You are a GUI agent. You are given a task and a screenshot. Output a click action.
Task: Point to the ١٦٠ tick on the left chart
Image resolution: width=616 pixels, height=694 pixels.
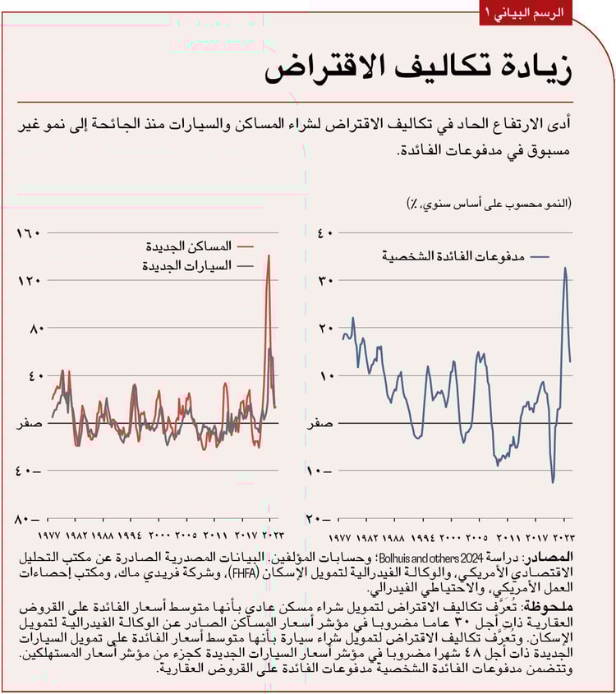click(28, 233)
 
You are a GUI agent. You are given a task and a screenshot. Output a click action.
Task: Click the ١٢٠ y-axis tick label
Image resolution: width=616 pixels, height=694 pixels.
click(28, 281)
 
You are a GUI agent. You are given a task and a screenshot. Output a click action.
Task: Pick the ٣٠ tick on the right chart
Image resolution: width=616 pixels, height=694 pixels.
click(325, 281)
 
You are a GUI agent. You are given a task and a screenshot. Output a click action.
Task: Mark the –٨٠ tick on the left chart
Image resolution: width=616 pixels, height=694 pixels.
click(27, 518)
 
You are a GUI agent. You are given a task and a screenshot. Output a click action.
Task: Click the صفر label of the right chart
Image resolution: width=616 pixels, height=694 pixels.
click(321, 424)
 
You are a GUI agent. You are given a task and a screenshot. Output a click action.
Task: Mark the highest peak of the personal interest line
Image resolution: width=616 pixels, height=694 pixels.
click(564, 268)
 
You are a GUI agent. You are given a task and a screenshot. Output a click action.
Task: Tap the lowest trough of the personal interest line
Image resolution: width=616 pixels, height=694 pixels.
click(553, 482)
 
